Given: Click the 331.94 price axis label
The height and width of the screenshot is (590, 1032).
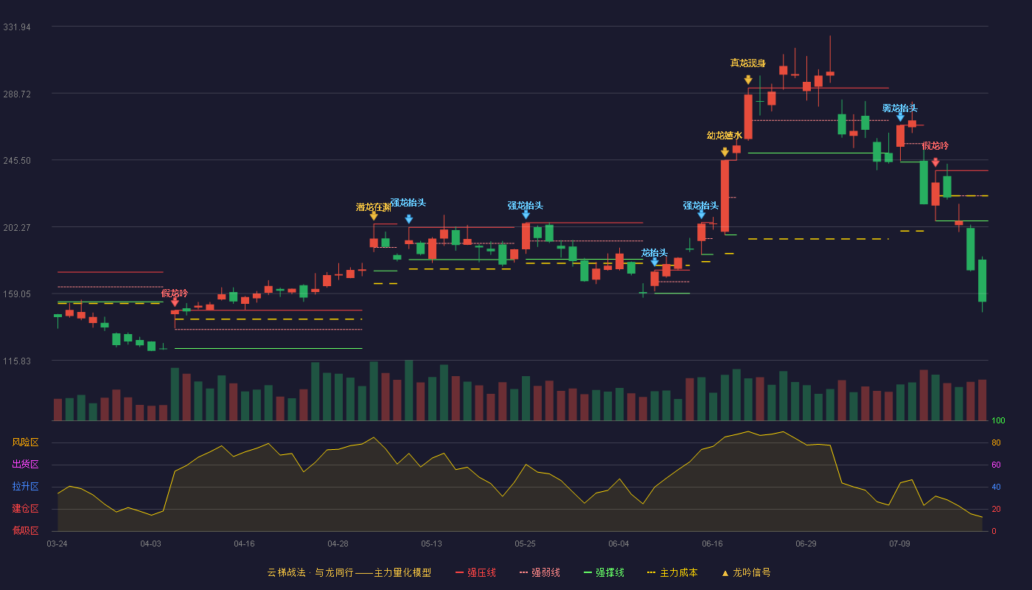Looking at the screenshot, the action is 17,27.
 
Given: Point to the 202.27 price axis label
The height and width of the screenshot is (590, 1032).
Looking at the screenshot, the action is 17,227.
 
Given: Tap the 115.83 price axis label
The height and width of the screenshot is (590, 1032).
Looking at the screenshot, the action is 17,361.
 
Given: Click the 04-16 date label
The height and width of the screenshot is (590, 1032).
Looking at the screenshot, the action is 244,544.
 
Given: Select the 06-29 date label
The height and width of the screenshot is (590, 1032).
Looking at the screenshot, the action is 806,544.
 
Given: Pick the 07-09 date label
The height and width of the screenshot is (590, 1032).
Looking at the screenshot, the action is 899,544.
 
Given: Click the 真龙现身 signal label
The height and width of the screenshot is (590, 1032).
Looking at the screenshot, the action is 747,63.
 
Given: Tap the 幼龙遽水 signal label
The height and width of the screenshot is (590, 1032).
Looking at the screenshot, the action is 724,136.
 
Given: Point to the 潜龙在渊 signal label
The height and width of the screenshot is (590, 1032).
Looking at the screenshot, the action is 373,207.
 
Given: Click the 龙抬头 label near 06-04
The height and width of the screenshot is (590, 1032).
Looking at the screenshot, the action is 655,252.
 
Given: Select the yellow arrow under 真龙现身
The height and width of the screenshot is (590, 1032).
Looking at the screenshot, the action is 748,80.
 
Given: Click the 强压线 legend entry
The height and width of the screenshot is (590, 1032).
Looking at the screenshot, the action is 475,572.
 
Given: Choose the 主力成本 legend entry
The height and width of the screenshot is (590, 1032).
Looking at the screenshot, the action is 672,572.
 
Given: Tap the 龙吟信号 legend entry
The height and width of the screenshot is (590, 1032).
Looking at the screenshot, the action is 746,572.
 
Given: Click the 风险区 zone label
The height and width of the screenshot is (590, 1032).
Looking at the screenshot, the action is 25,442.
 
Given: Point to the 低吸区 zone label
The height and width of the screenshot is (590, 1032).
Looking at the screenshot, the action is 25,531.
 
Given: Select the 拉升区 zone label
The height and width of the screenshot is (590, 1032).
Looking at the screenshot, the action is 25,487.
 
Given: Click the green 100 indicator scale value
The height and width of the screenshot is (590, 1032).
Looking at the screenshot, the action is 998,420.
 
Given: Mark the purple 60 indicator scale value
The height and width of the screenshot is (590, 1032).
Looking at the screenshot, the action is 996,465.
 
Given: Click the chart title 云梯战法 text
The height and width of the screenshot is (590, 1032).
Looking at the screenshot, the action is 286,572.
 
